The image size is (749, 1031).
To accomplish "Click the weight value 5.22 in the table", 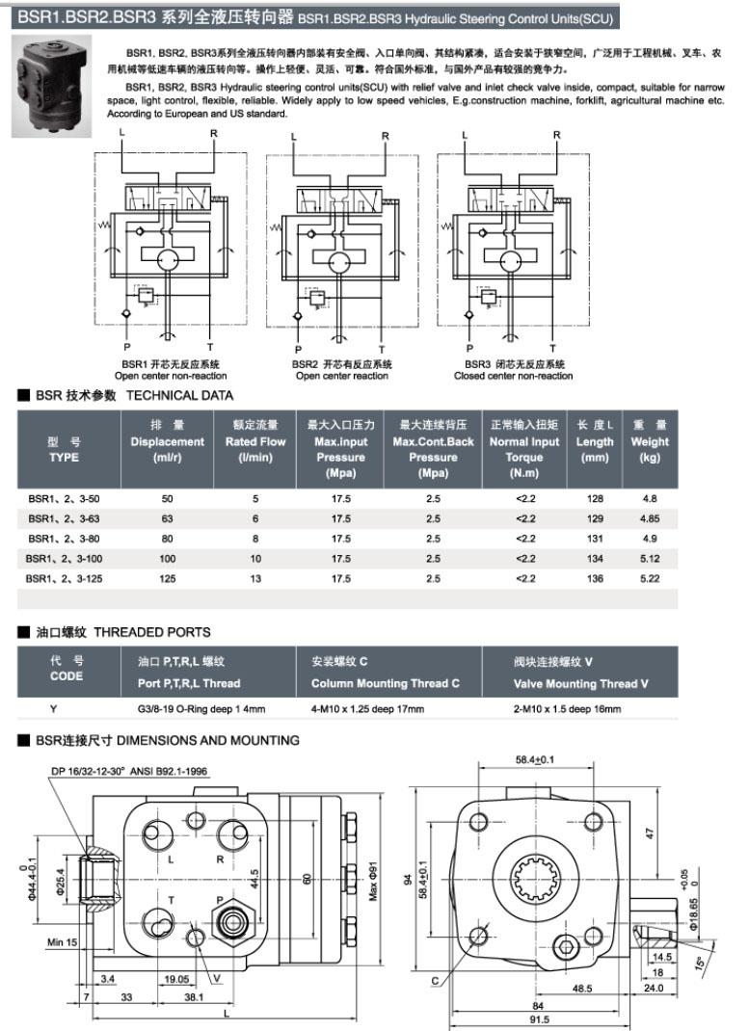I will [x=649, y=578].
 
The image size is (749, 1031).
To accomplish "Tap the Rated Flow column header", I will [x=255, y=442].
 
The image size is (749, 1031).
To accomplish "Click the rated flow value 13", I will [x=255, y=578].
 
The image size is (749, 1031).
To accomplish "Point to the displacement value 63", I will [x=168, y=518].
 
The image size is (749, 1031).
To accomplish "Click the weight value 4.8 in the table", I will [x=649, y=498].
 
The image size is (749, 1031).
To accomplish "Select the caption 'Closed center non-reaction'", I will [x=513, y=376].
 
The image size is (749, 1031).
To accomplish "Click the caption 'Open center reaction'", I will [x=342, y=376].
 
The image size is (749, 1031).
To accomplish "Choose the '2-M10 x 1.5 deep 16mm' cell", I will [x=568, y=709].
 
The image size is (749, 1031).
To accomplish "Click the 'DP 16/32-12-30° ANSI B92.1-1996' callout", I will [x=130, y=772].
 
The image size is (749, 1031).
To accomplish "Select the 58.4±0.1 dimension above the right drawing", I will [x=536, y=760].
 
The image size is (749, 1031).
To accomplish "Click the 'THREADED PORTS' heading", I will [x=152, y=632].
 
